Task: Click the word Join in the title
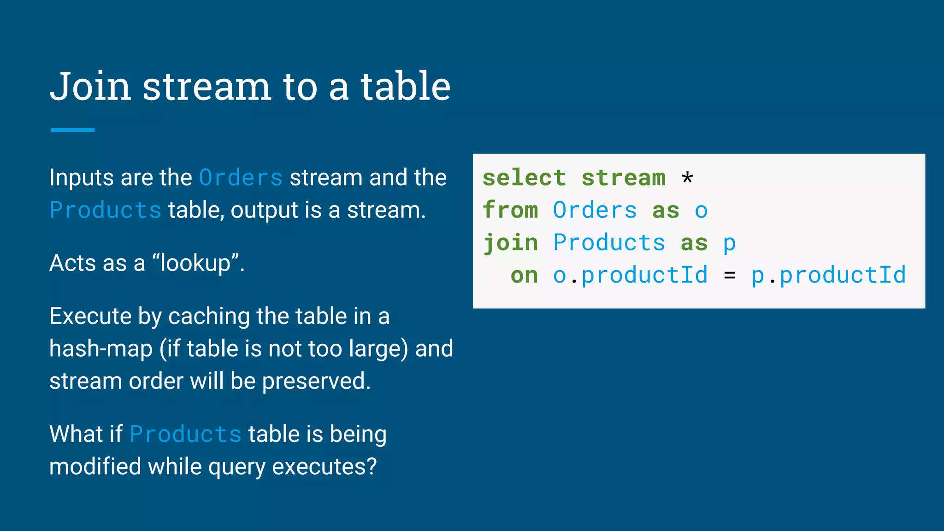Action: pos(90,87)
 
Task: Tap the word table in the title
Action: pos(405,87)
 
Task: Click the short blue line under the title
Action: pos(72,130)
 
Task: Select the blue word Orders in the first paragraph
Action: pos(241,178)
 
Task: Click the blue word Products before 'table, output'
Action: pos(105,210)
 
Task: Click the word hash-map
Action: pos(100,349)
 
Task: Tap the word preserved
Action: pos(316,382)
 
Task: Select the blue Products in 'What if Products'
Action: pos(185,435)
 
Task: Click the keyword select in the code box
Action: pos(524,178)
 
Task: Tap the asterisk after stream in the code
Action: pos(687,178)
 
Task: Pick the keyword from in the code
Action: pos(510,210)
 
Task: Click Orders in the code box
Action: pos(595,210)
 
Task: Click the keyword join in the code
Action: pos(510,243)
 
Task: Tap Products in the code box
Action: pos(609,243)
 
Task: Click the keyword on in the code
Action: pos(524,276)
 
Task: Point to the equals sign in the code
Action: pos(729,276)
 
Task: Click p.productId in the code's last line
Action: pos(828,276)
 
